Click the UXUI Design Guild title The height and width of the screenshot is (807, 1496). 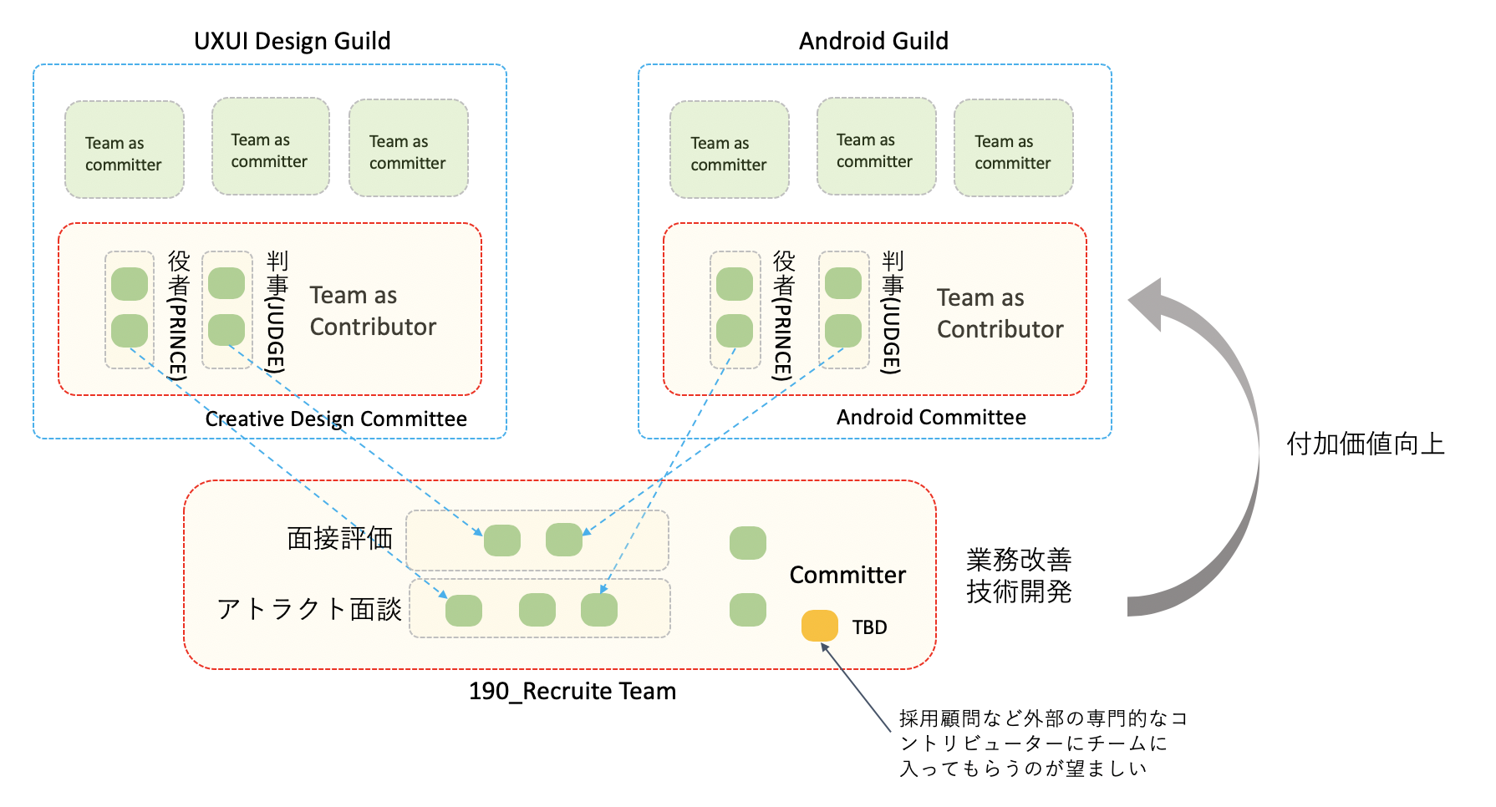point(292,41)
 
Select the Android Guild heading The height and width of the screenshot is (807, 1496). point(873,41)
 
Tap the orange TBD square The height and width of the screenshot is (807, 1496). point(819,626)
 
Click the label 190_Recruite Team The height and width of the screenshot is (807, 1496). point(572,692)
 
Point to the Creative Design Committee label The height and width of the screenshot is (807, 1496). point(336,419)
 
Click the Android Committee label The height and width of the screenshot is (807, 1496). point(931,417)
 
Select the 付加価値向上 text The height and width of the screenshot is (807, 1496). point(1365,444)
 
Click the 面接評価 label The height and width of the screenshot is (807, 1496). point(339,539)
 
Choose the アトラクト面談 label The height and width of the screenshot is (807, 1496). point(309,609)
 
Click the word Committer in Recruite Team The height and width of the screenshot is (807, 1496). point(847,575)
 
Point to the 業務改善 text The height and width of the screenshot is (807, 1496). point(1018,559)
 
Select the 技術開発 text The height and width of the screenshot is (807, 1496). point(1018,591)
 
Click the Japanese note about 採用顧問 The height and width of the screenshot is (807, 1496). point(1042,744)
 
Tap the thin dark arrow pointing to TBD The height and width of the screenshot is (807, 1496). point(856,687)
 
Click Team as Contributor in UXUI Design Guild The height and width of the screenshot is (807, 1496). point(373,311)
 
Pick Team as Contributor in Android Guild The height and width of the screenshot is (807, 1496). point(1000,313)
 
